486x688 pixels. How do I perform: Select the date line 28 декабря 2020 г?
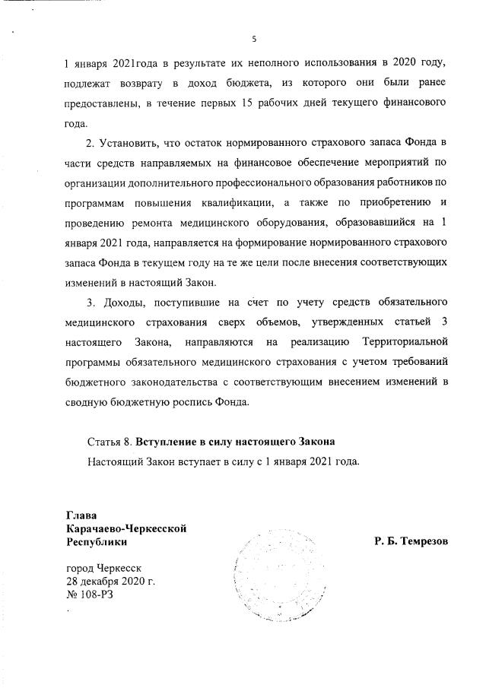tap(111, 581)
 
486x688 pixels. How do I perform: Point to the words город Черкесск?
tap(104, 568)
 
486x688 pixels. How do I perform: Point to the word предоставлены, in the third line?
tap(103, 102)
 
